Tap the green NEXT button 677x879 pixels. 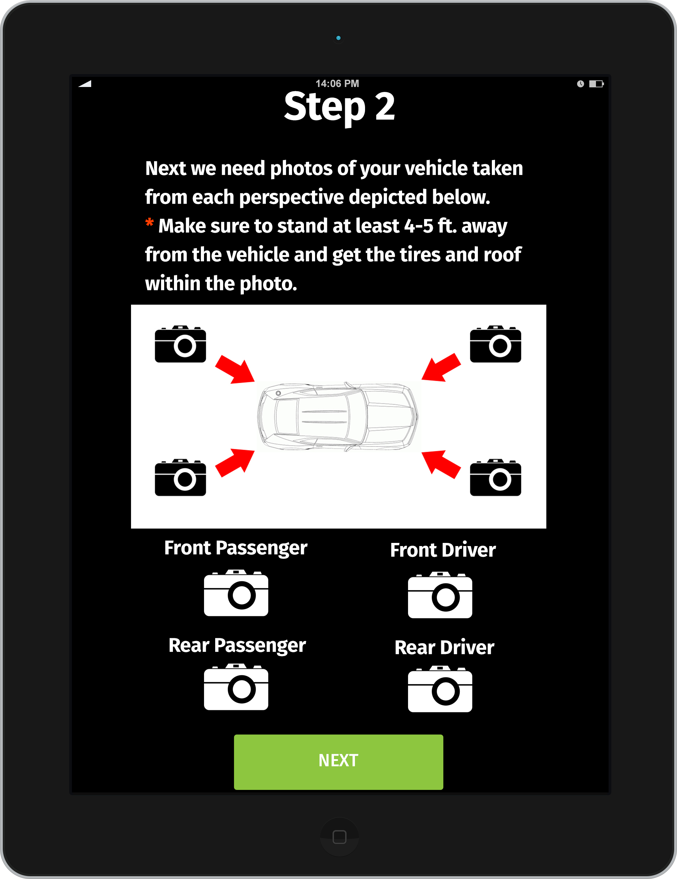(x=338, y=762)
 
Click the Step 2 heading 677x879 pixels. (x=339, y=107)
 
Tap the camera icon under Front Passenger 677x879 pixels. (x=236, y=593)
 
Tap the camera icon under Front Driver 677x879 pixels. (x=440, y=595)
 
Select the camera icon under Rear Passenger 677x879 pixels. (x=236, y=687)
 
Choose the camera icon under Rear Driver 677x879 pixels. (x=440, y=689)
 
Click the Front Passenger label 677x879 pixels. (x=236, y=548)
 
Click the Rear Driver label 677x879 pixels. (x=444, y=647)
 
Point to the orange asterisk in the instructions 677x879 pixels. (x=149, y=222)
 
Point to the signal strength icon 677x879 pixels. (x=85, y=84)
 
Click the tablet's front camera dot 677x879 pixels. (x=338, y=38)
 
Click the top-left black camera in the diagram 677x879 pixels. (x=180, y=344)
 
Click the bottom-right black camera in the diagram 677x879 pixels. (x=495, y=477)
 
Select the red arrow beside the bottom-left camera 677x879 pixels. (x=235, y=463)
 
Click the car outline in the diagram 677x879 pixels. (x=338, y=416)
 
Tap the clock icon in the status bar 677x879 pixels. (x=580, y=84)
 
